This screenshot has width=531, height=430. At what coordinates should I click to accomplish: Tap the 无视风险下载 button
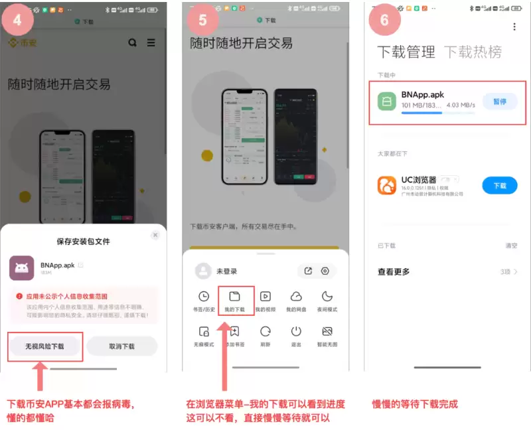click(x=45, y=346)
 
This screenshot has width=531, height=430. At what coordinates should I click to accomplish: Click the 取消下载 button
click(x=121, y=346)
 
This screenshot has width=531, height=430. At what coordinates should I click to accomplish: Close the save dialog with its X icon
click(x=155, y=235)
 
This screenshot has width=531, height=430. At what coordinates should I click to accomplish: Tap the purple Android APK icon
click(x=22, y=268)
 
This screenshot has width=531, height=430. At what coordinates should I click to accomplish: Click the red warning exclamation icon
click(x=20, y=297)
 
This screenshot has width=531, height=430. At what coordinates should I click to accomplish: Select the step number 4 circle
click(x=17, y=20)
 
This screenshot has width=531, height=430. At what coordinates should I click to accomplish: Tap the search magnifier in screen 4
click(x=133, y=42)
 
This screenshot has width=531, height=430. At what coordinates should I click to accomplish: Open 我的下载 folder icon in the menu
click(x=234, y=297)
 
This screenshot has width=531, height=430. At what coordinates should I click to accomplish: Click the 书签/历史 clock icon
click(x=204, y=297)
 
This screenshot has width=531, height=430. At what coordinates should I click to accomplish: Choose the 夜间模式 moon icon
click(x=327, y=297)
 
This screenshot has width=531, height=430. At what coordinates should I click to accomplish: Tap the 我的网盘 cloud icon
click(x=296, y=297)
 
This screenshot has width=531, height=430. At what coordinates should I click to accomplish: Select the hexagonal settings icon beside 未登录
click(x=325, y=271)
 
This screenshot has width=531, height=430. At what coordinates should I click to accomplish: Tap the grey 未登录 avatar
click(x=203, y=271)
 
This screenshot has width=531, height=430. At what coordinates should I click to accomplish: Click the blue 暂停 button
click(x=499, y=102)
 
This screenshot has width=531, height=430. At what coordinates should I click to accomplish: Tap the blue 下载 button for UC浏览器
click(x=499, y=186)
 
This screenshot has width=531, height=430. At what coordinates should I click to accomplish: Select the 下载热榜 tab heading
click(x=473, y=52)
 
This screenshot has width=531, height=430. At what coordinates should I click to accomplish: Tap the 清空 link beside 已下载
click(x=511, y=246)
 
